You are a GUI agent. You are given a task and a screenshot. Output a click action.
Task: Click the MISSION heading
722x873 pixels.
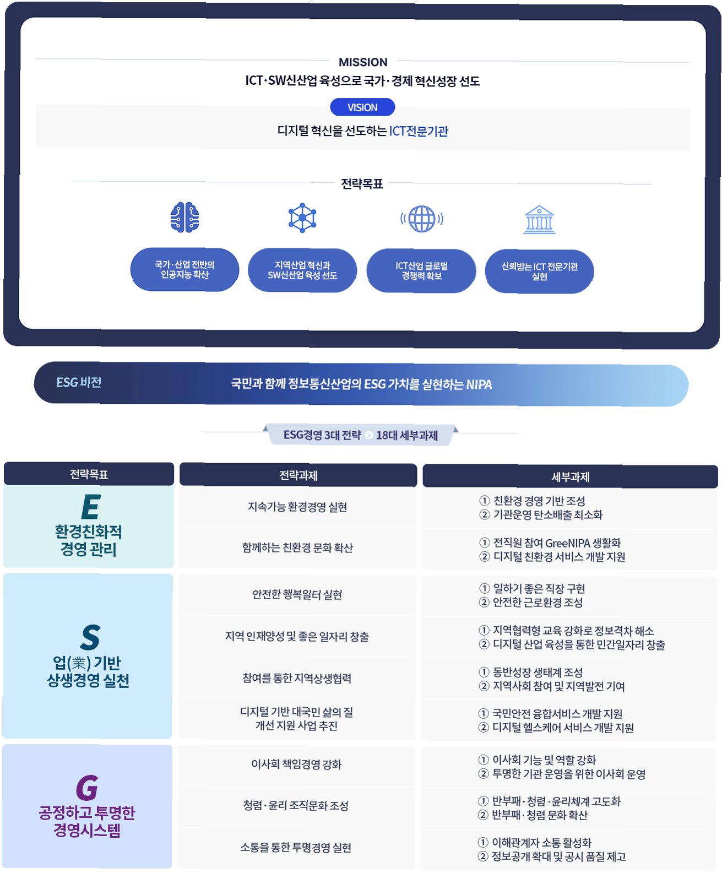pos(362,62)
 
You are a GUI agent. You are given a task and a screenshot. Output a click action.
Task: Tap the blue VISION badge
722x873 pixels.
pos(362,107)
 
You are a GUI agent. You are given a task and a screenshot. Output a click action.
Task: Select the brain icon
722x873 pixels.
pos(184,218)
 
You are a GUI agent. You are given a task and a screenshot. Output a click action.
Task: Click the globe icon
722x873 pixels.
pos(422,219)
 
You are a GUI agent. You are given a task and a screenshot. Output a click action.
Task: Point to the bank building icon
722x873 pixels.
pos(540,220)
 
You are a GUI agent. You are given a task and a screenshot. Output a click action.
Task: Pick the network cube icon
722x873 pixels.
pos(302,218)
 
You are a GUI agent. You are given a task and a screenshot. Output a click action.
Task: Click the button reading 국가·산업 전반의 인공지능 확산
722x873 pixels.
pos(184,270)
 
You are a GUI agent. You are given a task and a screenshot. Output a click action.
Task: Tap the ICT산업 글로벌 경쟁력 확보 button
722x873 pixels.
pos(421,271)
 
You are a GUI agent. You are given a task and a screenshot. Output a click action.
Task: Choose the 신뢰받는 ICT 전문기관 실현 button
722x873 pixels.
pos(539,272)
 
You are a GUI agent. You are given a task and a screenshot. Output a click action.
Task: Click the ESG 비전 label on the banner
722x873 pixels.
pos(79,382)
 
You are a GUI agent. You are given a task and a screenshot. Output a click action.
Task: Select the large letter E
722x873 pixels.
pos(90,507)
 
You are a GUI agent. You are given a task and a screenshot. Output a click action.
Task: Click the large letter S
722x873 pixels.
pos(90,637)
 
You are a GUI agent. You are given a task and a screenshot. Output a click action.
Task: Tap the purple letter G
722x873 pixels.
pos(87,788)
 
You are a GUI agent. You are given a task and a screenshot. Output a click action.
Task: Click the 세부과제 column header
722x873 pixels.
pos(570,476)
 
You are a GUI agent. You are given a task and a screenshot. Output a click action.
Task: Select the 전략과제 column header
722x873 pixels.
pos(298,475)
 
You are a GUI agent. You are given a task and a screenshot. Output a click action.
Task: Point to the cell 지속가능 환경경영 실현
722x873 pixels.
pos(297,507)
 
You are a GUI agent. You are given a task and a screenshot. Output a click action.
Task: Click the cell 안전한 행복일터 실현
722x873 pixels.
pos(297,594)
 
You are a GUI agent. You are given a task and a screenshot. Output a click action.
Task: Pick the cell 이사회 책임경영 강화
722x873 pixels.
pos(296,764)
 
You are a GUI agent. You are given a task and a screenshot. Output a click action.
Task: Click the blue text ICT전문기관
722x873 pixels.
pos(419,131)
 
